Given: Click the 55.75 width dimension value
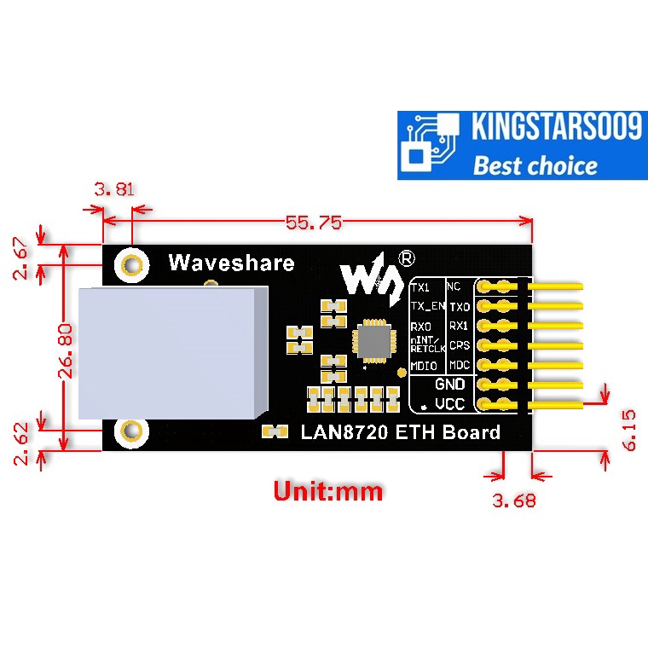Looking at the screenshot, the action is tap(313, 223).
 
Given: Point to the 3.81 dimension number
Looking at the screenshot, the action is tap(113, 189).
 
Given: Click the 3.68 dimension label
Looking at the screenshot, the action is tap(515, 500).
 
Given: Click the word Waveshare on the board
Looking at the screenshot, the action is tap(231, 263).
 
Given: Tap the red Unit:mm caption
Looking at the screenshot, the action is tap(327, 491).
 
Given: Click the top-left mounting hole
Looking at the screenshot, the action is tap(132, 264).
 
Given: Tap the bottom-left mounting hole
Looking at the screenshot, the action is tap(132, 431).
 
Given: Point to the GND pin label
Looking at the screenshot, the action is tap(449, 385).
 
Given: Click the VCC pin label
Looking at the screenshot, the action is tap(449, 403).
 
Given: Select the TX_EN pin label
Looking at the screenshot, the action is tap(426, 306).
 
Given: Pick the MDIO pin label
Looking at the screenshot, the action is tap(424, 367).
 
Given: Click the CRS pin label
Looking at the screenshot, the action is tap(460, 345).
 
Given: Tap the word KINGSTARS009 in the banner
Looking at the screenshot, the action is tap(556, 129).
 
